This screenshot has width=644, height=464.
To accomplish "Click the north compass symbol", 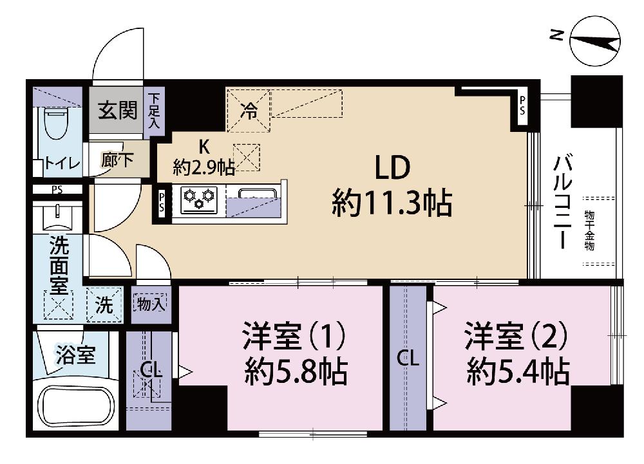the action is pyautogui.click(x=594, y=41).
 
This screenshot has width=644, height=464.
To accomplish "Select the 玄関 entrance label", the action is pyautogui.click(x=117, y=110).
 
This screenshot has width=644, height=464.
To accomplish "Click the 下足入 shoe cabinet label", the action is pyautogui.click(x=155, y=111).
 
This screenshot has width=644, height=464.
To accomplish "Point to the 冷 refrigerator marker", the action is pyautogui.click(x=249, y=111).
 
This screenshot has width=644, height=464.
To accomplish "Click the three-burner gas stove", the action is pyautogui.click(x=199, y=200).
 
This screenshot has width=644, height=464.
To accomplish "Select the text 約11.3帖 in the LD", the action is pyautogui.click(x=392, y=203).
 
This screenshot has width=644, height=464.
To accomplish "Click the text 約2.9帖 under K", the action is pyautogui.click(x=204, y=167).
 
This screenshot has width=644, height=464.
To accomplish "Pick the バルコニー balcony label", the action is pyautogui.click(x=562, y=201).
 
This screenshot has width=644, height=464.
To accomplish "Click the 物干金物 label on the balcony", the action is pyautogui.click(x=590, y=230).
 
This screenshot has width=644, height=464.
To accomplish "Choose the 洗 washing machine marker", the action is pyautogui.click(x=104, y=305).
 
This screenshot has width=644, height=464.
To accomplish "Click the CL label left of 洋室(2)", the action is pyautogui.click(x=408, y=359).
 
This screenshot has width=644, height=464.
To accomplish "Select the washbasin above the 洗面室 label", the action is pyautogui.click(x=57, y=218).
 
